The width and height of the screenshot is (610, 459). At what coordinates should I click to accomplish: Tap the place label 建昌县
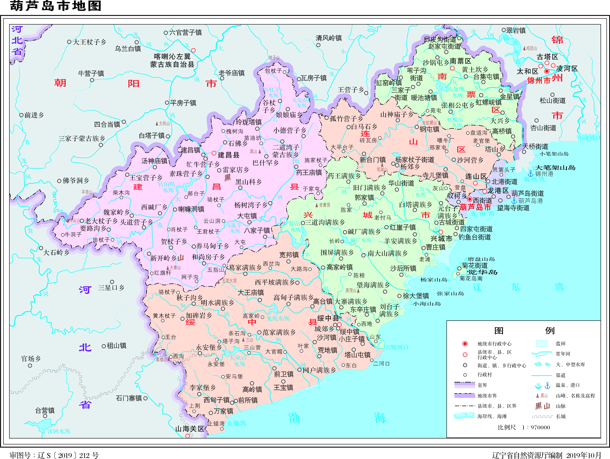228,155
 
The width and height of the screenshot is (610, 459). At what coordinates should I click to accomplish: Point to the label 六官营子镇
185,33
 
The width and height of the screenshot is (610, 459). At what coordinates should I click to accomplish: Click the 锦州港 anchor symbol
530,174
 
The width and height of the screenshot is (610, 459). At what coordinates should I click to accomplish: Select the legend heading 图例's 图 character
499,330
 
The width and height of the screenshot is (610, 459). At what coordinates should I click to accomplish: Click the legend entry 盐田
560,343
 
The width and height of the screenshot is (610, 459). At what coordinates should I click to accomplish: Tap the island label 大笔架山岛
555,168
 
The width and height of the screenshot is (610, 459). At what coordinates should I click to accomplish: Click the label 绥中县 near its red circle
328,318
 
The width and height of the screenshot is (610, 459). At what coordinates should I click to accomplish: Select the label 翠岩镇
516,30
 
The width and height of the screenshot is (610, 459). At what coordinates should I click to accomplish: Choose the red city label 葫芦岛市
475,207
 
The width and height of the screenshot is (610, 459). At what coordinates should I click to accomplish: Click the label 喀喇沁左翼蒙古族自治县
172,60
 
